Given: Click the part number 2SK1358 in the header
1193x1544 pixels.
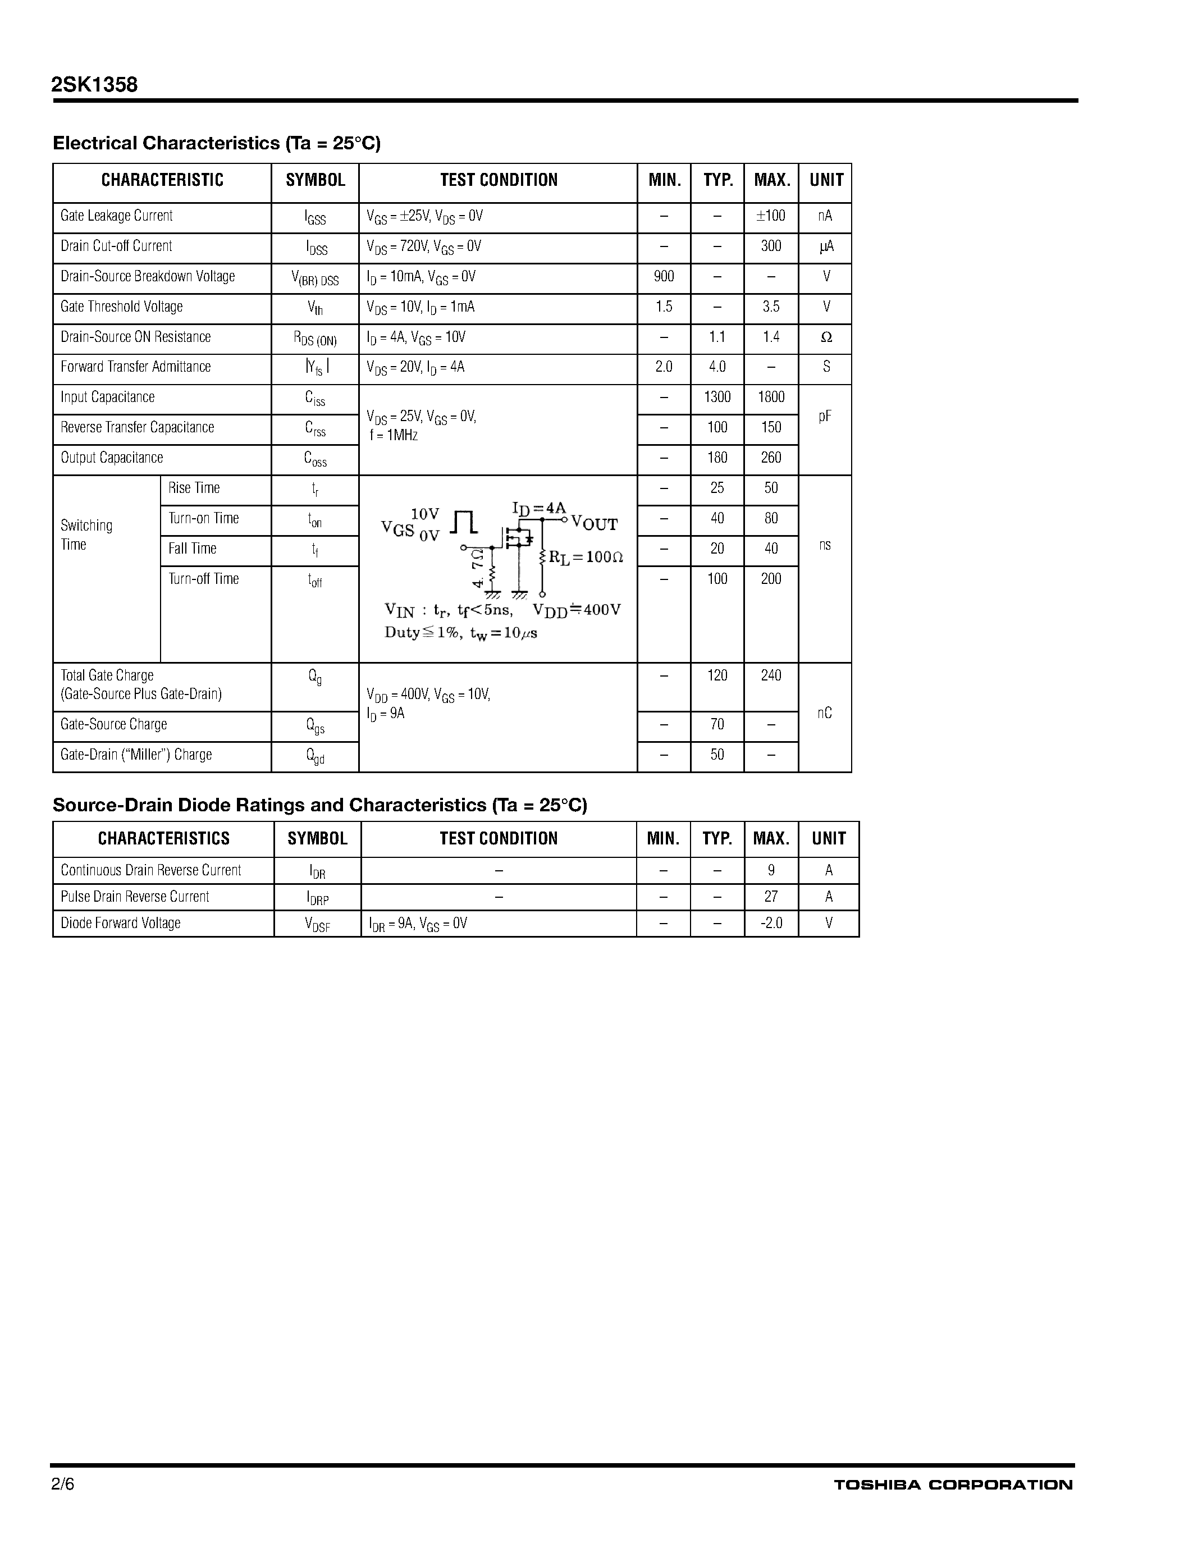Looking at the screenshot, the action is point(94,85).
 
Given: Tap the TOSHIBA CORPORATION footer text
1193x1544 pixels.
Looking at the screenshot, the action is point(953,1484).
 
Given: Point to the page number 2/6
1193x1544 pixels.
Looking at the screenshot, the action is point(62,1484).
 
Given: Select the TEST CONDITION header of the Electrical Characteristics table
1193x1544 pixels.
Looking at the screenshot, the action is point(499,180).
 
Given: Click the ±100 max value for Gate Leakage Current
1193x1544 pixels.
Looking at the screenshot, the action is point(770,216).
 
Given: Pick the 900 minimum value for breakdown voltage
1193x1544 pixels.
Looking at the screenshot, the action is point(664,276).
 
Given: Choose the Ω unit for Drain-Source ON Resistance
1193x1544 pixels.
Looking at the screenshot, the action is point(825,337).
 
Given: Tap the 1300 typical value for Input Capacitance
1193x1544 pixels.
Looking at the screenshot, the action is point(717,398).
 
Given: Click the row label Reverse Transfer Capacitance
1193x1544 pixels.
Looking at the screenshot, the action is point(137,428).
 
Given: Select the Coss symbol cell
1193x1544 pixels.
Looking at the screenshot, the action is point(315,459).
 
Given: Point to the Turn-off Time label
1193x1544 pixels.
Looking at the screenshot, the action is point(204,579).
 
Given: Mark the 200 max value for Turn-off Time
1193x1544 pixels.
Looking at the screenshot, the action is point(770,579).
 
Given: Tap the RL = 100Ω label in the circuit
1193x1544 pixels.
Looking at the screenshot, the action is point(586,557).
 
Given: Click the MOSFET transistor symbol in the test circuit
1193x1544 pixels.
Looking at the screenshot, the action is point(516,538).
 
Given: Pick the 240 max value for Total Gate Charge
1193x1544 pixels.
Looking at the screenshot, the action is point(770,676).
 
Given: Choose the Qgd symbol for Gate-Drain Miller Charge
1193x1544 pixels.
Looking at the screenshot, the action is point(315,756).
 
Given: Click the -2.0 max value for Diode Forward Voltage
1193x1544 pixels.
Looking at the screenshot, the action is point(770,923).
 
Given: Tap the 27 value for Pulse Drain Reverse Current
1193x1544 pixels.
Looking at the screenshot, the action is point(770,897).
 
